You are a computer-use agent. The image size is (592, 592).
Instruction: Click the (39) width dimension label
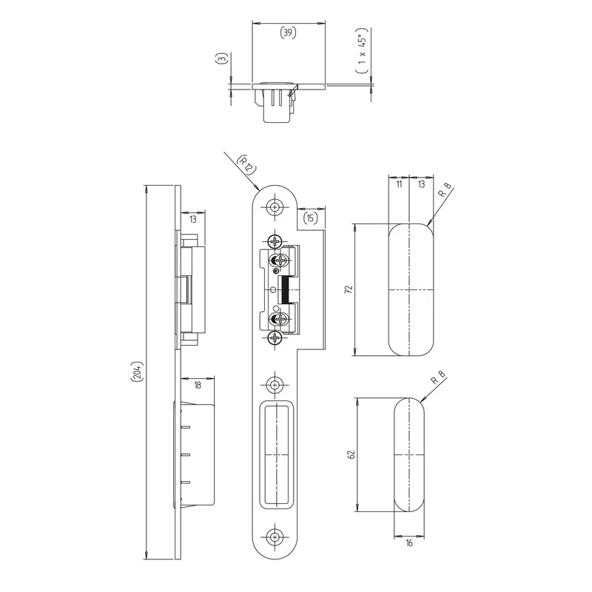pyautogui.click(x=288, y=33)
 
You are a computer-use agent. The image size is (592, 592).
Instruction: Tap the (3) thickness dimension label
pyautogui.click(x=222, y=58)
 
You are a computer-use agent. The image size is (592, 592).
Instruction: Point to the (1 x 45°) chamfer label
pyautogui.click(x=362, y=50)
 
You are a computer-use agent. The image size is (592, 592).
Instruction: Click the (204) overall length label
pyautogui.click(x=137, y=372)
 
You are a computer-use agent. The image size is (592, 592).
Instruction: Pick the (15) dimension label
pyautogui.click(x=310, y=218)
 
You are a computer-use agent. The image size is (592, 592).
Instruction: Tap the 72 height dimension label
pyautogui.click(x=349, y=289)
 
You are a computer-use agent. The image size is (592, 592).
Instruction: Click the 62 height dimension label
pyautogui.click(x=351, y=454)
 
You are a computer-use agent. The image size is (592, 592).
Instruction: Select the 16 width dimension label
pyautogui.click(x=409, y=543)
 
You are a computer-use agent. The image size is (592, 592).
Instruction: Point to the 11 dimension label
pyautogui.click(x=399, y=184)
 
